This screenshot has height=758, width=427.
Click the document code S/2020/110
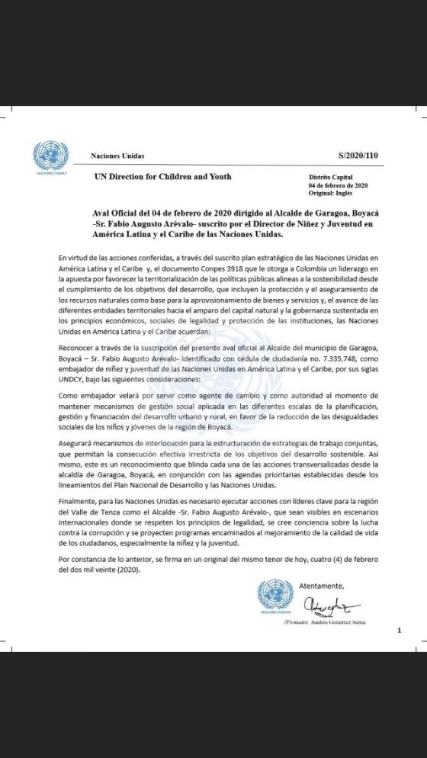[358, 156]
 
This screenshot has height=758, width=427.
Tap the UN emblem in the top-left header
[50, 156]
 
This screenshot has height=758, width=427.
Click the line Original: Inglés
[332, 193]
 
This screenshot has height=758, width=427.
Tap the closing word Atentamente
[322, 586]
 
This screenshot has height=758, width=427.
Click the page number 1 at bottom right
[398, 631]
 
